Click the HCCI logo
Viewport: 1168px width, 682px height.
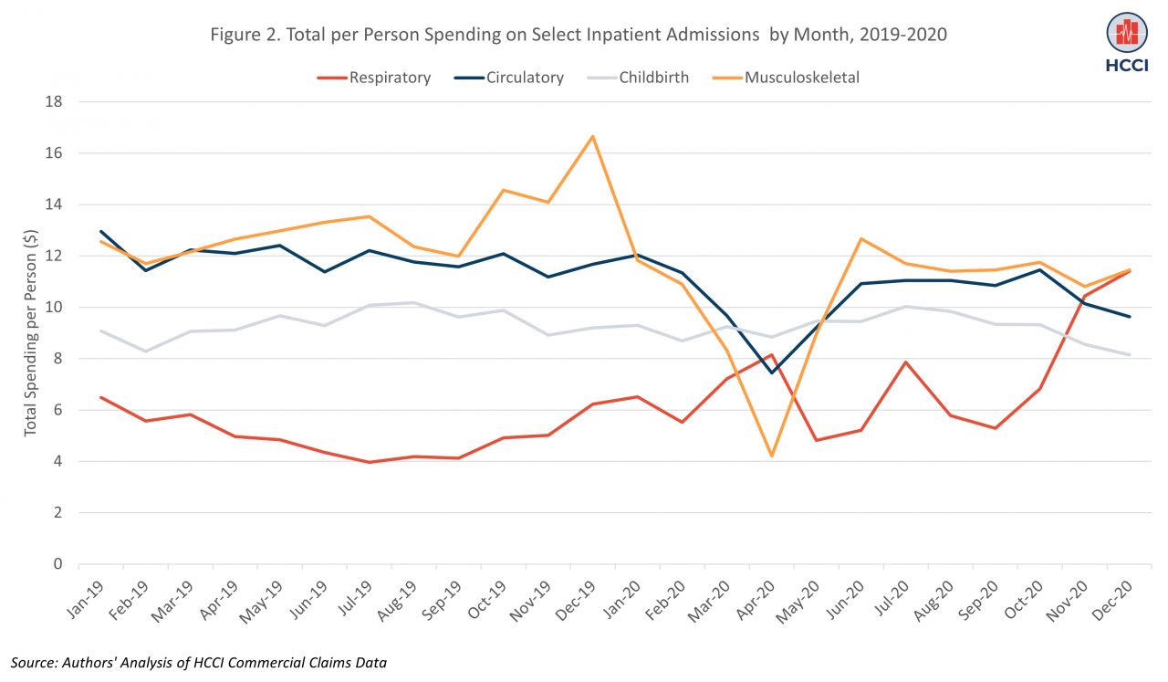(1127, 41)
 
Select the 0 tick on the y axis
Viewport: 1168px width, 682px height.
(56, 564)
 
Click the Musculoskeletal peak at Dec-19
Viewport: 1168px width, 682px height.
(593, 137)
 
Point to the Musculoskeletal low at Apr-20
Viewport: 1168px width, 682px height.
(772, 456)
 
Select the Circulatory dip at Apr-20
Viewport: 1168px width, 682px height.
(772, 372)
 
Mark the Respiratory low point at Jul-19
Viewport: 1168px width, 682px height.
(369, 462)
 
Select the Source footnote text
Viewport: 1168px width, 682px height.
(198, 662)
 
